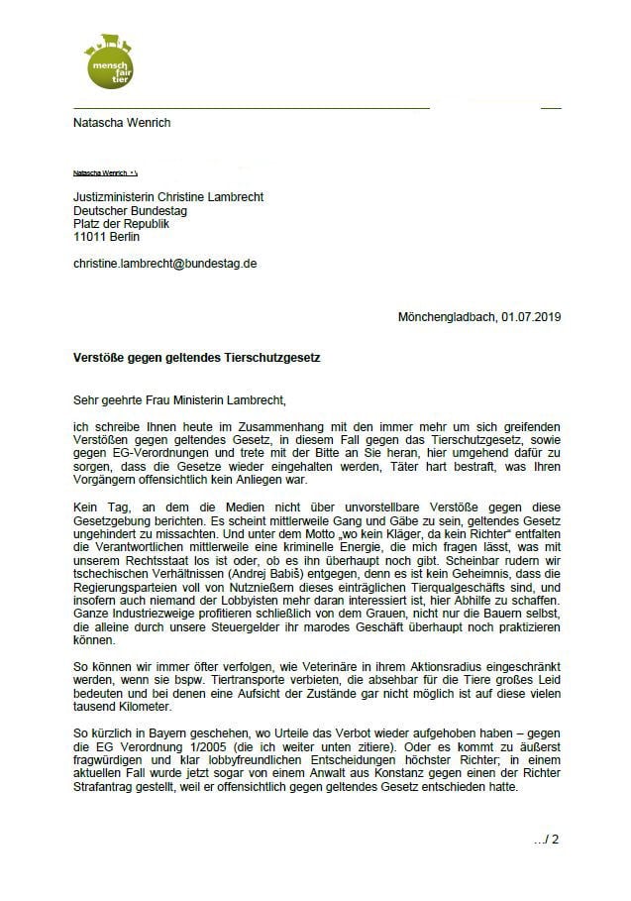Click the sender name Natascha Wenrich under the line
115,123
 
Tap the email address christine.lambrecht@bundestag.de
165,264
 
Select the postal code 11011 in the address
92,238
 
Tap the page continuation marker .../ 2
546,840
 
